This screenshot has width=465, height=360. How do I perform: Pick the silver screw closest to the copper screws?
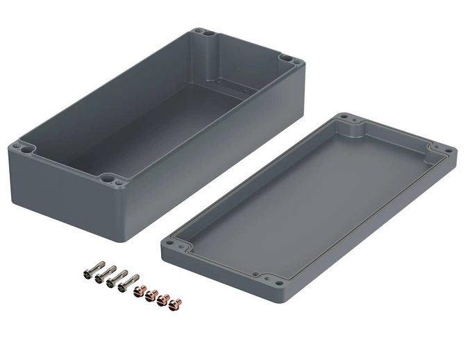tap(128, 282)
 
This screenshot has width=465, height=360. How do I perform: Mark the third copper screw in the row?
tap(164, 299)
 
